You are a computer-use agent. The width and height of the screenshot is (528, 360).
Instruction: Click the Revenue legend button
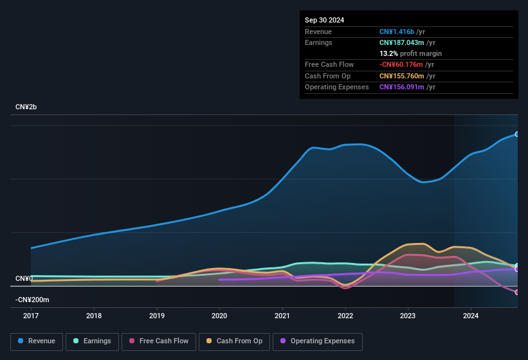(37, 341)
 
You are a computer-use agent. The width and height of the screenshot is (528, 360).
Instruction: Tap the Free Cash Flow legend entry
(159, 341)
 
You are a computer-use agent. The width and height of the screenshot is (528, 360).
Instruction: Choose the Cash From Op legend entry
(234, 341)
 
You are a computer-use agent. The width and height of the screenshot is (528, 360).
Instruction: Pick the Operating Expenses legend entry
(317, 341)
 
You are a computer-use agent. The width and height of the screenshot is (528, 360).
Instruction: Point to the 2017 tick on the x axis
(31, 316)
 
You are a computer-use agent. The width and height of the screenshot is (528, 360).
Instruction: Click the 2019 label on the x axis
(156, 316)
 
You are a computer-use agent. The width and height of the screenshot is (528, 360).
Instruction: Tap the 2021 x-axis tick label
(282, 316)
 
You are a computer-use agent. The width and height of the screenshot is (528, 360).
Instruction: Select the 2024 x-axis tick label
(471, 316)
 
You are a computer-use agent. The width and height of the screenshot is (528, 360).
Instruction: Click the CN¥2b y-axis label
(26, 107)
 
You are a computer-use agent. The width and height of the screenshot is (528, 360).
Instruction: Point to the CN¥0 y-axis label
(24, 278)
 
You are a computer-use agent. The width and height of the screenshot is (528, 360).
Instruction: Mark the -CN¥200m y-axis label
(32, 300)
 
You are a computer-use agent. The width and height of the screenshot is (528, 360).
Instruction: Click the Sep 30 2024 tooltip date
(325, 20)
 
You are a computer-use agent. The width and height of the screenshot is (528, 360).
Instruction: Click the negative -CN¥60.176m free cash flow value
(401, 65)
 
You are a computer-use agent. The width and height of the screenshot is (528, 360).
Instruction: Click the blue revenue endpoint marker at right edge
(517, 134)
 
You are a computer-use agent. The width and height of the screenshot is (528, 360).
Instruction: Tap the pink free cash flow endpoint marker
(517, 292)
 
